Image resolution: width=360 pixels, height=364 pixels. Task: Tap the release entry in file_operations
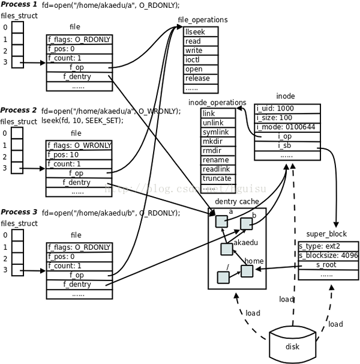[197, 78]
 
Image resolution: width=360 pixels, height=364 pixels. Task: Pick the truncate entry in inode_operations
[217, 178]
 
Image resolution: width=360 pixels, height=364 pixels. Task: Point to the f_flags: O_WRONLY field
[79, 145]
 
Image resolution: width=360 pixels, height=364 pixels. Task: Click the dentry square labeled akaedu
[227, 249]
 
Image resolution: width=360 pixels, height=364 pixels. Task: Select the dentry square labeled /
[223, 277]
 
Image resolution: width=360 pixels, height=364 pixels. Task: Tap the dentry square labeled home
[247, 271]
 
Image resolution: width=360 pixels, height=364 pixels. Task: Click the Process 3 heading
[19, 212]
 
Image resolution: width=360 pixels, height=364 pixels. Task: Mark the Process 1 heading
[19, 5]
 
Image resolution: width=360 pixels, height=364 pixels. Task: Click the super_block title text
[326, 234]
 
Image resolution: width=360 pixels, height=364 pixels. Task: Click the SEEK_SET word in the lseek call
[104, 120]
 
